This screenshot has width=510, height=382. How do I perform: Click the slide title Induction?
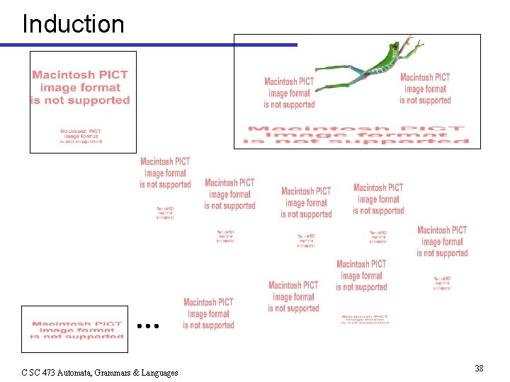tap(73, 24)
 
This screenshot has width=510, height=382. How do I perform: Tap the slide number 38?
tap(479, 368)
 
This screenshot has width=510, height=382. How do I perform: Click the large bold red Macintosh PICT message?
tap(80, 88)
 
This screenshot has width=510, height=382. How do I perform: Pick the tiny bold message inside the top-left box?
tap(81, 136)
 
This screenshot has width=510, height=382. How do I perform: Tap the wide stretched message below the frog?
tap(357, 135)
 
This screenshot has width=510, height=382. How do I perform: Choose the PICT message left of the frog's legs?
tap(289, 93)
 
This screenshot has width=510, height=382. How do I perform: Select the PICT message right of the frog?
tap(425, 88)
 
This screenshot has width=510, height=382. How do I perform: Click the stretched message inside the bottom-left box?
tap(76, 330)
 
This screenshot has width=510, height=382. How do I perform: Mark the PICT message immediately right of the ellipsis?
tap(208, 313)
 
